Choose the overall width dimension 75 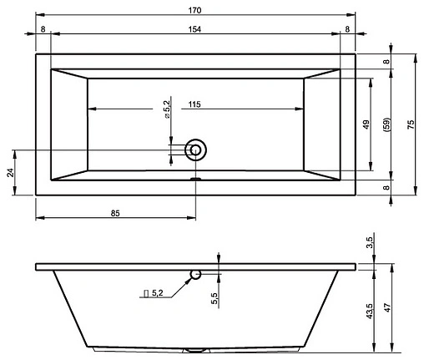(409, 124)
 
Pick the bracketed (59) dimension (386, 125)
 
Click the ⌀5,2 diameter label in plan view (167, 109)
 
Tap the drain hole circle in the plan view (196, 150)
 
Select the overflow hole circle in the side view (195, 274)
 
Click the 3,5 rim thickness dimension (370, 244)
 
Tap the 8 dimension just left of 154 (43, 28)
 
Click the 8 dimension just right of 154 (348, 28)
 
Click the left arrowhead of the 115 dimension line (91, 109)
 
